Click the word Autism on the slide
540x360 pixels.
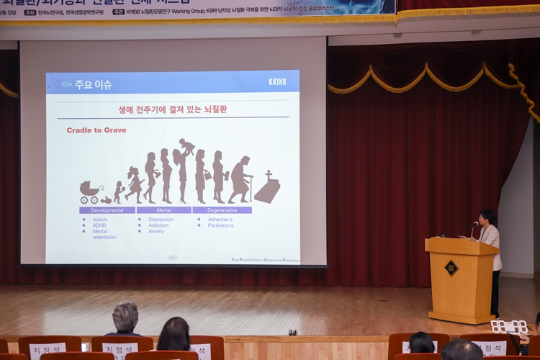pos(99,219)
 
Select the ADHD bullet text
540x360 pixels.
pos(99,225)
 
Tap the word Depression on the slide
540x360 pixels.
pos(161,219)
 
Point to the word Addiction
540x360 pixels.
pos(158,225)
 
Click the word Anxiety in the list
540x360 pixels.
pos(156,231)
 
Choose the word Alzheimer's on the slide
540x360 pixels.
pos(220,219)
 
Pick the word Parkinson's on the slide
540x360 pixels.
pos(220,225)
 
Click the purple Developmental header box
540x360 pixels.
pos(107,210)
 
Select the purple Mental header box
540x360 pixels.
pos(163,210)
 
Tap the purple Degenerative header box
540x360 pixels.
pos(222,210)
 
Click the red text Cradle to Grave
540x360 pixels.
pos(96,130)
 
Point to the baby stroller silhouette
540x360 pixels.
pos(91,192)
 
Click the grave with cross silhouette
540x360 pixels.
pos(266,188)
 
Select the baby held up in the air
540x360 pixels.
pos(186,146)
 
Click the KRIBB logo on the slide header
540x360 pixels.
pos(277,81)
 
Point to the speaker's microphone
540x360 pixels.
pos(475,225)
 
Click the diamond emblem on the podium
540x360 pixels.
pos(451,268)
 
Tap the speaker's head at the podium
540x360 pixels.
pos(487,216)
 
